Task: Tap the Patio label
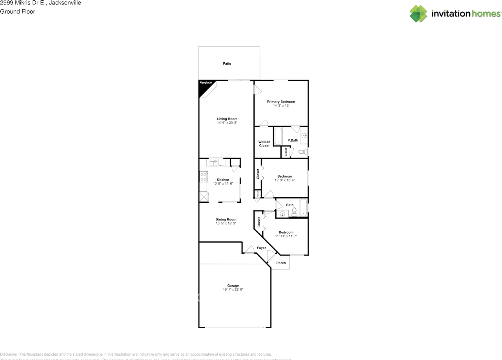point(227,64)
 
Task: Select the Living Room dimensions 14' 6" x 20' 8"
point(227,123)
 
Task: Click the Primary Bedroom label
point(281,102)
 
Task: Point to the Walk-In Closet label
point(264,144)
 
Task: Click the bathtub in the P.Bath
point(278,136)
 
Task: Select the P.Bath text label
point(293,140)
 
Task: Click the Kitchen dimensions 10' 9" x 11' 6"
point(223,184)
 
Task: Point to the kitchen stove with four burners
point(203,177)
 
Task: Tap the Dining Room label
point(226,220)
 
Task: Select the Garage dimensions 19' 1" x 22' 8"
point(233,289)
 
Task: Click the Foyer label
point(261,248)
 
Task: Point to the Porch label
point(281,263)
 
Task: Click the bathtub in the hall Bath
point(303,208)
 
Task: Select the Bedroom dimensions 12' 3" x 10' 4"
point(285,180)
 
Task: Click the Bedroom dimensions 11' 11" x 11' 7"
point(286,236)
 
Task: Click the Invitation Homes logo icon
point(418,14)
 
